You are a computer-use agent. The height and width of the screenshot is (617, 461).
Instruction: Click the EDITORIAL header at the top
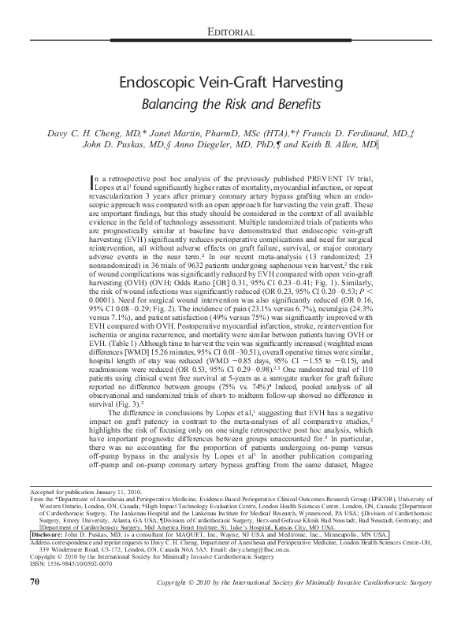click(x=229, y=32)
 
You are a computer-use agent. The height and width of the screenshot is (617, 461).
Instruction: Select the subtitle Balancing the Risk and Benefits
click(x=229, y=104)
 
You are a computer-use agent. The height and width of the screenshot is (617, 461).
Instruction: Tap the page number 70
click(x=34, y=603)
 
